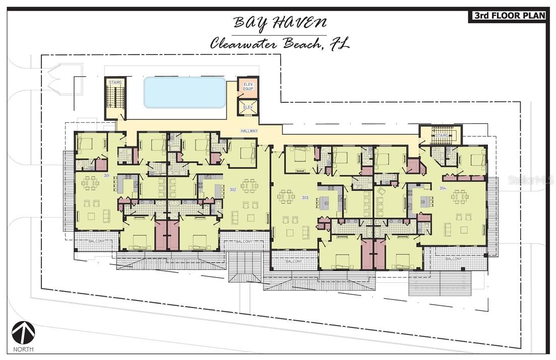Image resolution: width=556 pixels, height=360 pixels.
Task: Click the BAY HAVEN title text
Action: (x=280, y=23)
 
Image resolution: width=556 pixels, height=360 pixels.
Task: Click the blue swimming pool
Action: (x=184, y=92)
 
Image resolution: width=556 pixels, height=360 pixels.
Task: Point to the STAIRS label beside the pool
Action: (x=115, y=82)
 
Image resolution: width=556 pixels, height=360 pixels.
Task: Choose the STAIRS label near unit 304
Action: (x=442, y=135)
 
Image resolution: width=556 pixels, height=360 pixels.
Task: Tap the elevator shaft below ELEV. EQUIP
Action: (x=248, y=107)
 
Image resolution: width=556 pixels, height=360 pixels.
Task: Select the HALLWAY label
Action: (x=249, y=131)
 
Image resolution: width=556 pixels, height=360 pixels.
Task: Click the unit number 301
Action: (x=106, y=175)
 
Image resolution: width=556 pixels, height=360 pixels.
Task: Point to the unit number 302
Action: (x=233, y=189)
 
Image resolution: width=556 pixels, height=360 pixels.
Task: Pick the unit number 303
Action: (x=305, y=197)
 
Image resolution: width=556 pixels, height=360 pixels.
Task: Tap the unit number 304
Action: (x=442, y=188)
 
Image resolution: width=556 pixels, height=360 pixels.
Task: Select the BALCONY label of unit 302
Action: (x=244, y=241)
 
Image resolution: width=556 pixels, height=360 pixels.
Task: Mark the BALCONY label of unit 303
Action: (x=294, y=261)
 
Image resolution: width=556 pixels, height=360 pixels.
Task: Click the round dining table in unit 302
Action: (x=249, y=186)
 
